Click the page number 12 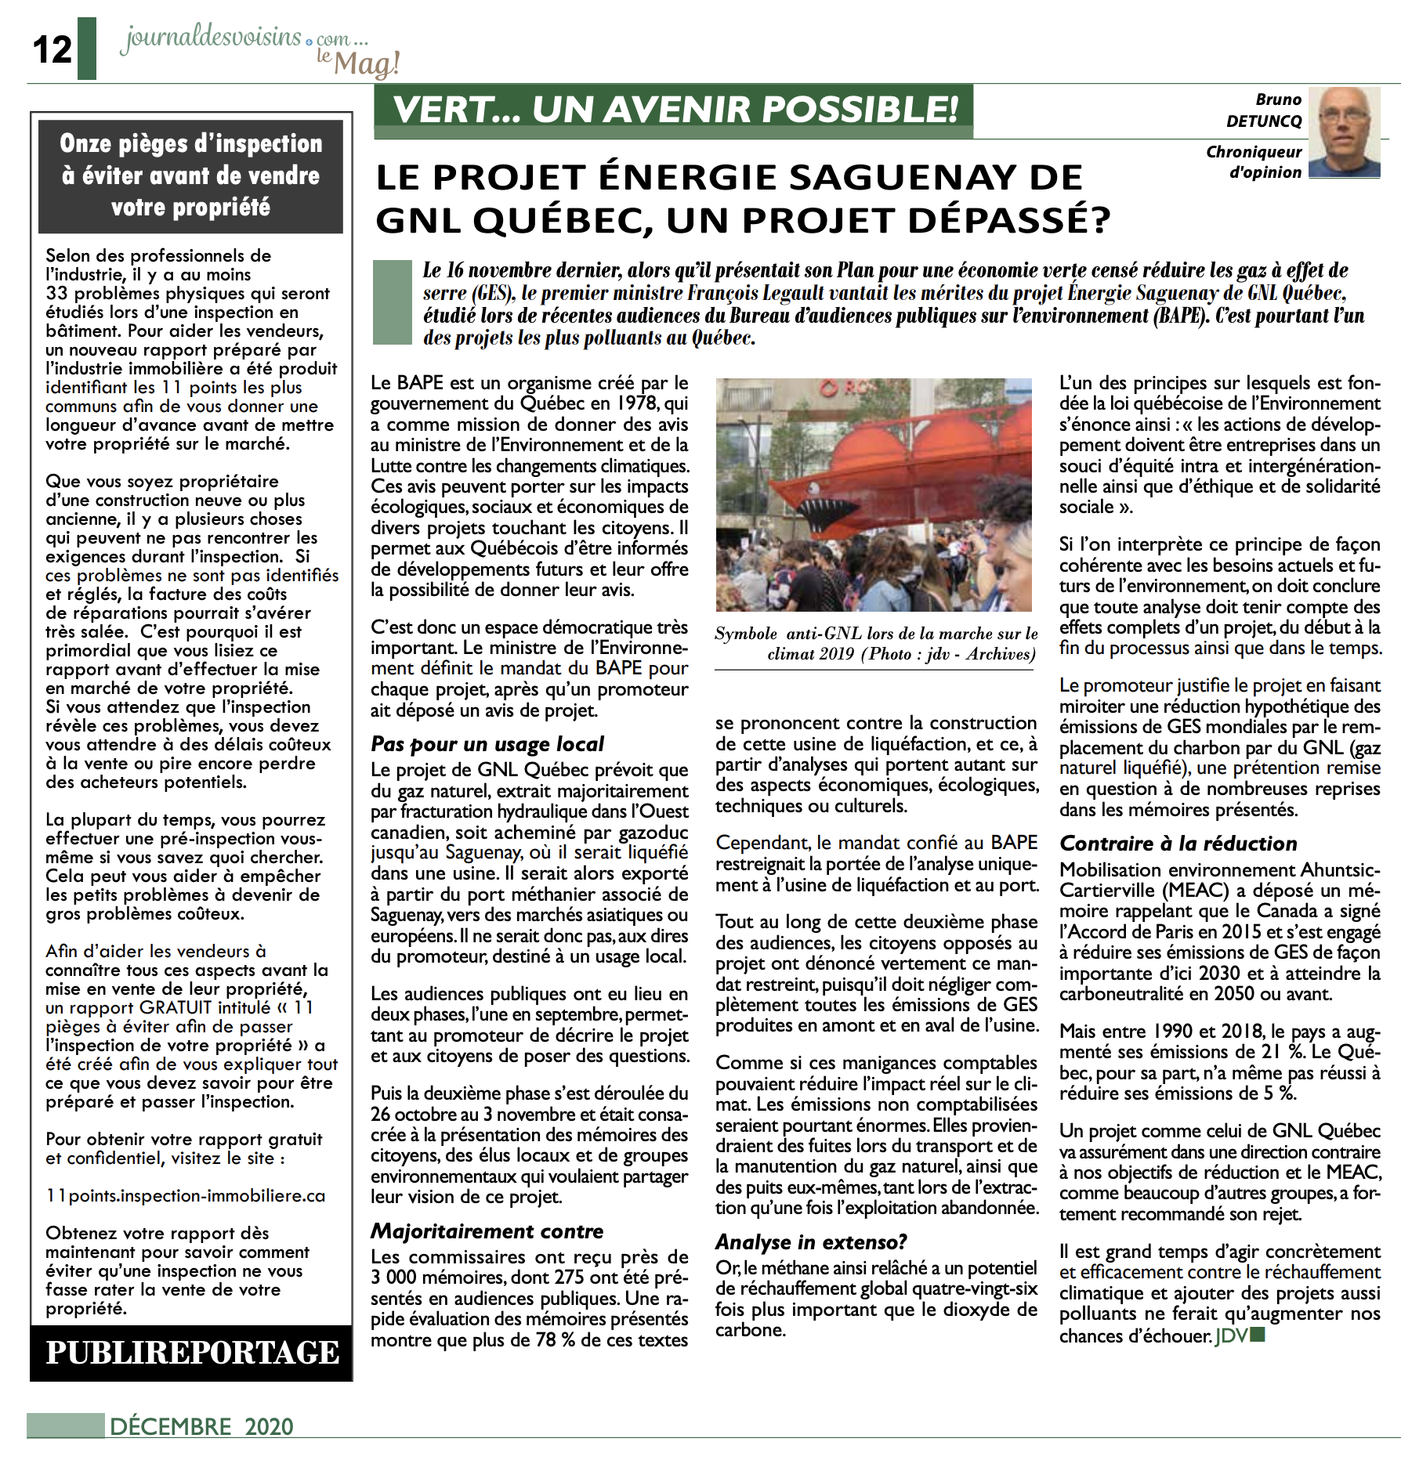tap(52, 50)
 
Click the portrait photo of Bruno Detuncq tap(1345, 132)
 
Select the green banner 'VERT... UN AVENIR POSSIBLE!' tap(674, 110)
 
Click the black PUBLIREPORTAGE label tap(192, 1353)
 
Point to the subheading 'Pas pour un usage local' tap(487, 743)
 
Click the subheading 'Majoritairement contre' tap(487, 1231)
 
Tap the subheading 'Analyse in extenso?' tap(811, 1242)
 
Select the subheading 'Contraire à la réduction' tap(1178, 844)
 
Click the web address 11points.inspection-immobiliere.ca tap(185, 1196)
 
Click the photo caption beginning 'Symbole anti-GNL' tap(876, 644)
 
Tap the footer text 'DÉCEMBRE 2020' tap(201, 1426)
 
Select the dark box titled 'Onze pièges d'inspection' tap(191, 175)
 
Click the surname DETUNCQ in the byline tap(1263, 121)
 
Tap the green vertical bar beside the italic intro tap(393, 302)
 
